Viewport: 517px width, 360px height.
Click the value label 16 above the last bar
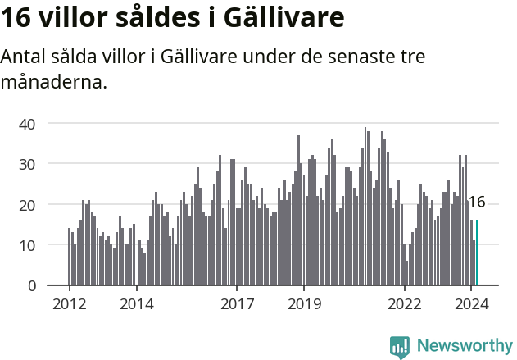[x=476, y=203]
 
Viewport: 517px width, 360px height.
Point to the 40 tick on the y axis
[x=28, y=123]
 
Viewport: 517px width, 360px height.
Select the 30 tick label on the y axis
[x=28, y=164]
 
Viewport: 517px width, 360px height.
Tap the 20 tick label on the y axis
[x=28, y=204]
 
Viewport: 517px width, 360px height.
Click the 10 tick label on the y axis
[x=28, y=245]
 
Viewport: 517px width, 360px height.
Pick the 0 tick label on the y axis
[x=32, y=285]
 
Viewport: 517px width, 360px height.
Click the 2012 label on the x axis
[x=69, y=303]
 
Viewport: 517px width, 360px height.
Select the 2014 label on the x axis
[x=136, y=303]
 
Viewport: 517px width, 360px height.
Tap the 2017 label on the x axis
[x=237, y=303]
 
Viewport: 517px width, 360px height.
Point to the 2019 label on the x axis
[x=304, y=303]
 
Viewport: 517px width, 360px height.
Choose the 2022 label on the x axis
[x=405, y=303]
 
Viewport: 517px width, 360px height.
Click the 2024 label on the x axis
[x=472, y=303]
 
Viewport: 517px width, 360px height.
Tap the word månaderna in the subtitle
[x=55, y=82]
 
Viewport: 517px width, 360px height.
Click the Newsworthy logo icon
[x=400, y=347]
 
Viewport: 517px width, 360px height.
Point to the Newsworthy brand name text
[x=464, y=346]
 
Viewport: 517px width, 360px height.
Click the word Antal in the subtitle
[x=23, y=57]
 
